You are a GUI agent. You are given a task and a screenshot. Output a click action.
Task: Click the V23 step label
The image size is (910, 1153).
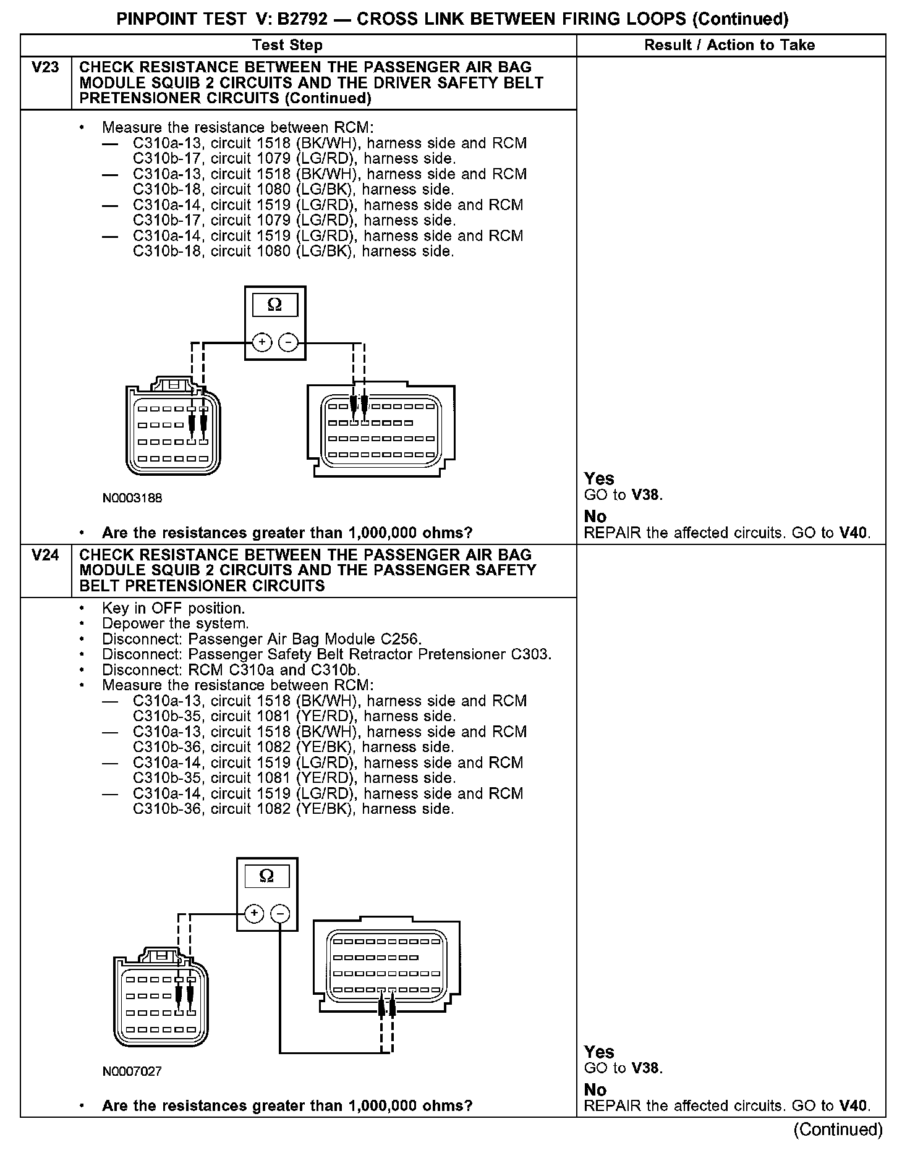[x=45, y=67]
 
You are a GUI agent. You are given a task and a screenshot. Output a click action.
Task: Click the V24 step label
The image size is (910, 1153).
[x=45, y=554]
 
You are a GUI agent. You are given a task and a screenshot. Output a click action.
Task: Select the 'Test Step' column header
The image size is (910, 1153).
[x=287, y=45]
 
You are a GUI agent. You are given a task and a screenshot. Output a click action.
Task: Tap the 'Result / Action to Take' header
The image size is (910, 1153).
[x=729, y=45]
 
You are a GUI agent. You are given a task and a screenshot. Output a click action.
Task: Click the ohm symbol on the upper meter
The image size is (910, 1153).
[x=274, y=305]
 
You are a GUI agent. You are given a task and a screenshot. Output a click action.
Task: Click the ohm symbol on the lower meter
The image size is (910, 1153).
[x=266, y=876]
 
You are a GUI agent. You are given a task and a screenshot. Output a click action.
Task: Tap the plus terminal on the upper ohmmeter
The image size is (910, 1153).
[x=262, y=342]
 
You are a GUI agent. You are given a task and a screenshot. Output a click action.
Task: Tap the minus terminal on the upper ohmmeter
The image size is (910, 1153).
[x=288, y=342]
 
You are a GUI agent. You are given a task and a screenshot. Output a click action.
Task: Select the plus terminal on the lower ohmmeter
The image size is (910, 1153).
[x=254, y=914]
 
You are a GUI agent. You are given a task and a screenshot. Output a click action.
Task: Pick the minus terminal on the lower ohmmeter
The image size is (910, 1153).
[x=280, y=914]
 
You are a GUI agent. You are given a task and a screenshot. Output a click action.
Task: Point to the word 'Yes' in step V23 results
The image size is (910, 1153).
[x=599, y=478]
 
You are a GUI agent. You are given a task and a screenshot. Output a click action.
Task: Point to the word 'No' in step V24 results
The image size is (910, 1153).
[x=595, y=1089]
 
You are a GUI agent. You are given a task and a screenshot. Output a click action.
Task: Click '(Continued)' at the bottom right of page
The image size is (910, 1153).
[x=838, y=1129]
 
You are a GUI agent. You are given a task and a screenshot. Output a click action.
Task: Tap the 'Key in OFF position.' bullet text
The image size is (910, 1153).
[x=173, y=608]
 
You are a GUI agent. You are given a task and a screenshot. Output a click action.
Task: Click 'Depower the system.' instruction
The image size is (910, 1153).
[x=175, y=623]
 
